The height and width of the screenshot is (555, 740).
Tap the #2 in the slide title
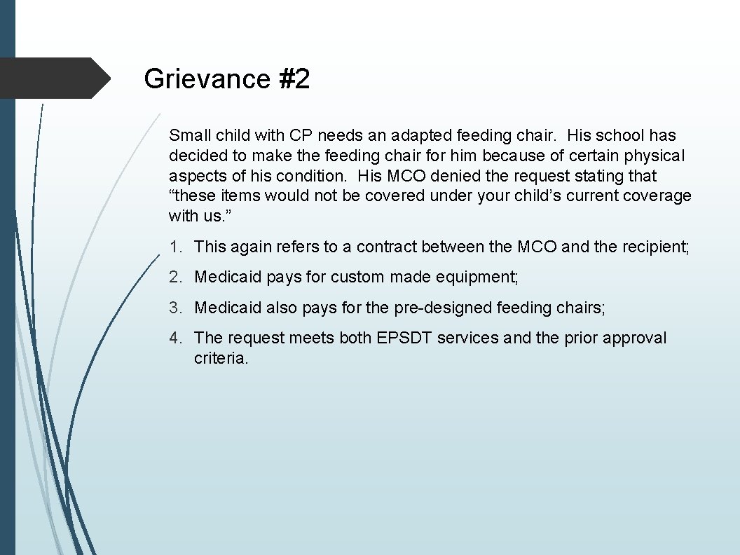294,79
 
